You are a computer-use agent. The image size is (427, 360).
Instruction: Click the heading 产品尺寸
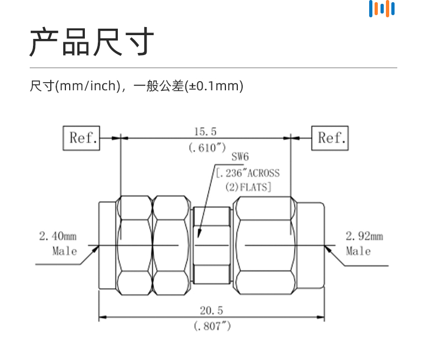point(92,42)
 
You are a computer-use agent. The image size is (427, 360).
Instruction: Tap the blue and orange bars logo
point(382,9)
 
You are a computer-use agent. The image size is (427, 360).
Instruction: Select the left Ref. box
point(82,138)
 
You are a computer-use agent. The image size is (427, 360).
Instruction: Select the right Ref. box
point(330,138)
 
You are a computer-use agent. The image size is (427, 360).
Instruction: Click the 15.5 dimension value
point(205,131)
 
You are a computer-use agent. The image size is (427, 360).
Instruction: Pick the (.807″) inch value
point(212,326)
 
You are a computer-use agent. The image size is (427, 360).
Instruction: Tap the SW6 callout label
point(239,157)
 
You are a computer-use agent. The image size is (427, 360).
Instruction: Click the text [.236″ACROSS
point(248,173)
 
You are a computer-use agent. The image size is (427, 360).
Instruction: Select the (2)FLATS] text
point(248,187)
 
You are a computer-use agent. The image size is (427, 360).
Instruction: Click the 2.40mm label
point(58,236)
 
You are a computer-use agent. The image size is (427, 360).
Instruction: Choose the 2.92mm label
point(364,236)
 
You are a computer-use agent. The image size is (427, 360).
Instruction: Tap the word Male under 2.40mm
point(64,251)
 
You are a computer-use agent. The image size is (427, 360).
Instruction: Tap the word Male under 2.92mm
point(358,251)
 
